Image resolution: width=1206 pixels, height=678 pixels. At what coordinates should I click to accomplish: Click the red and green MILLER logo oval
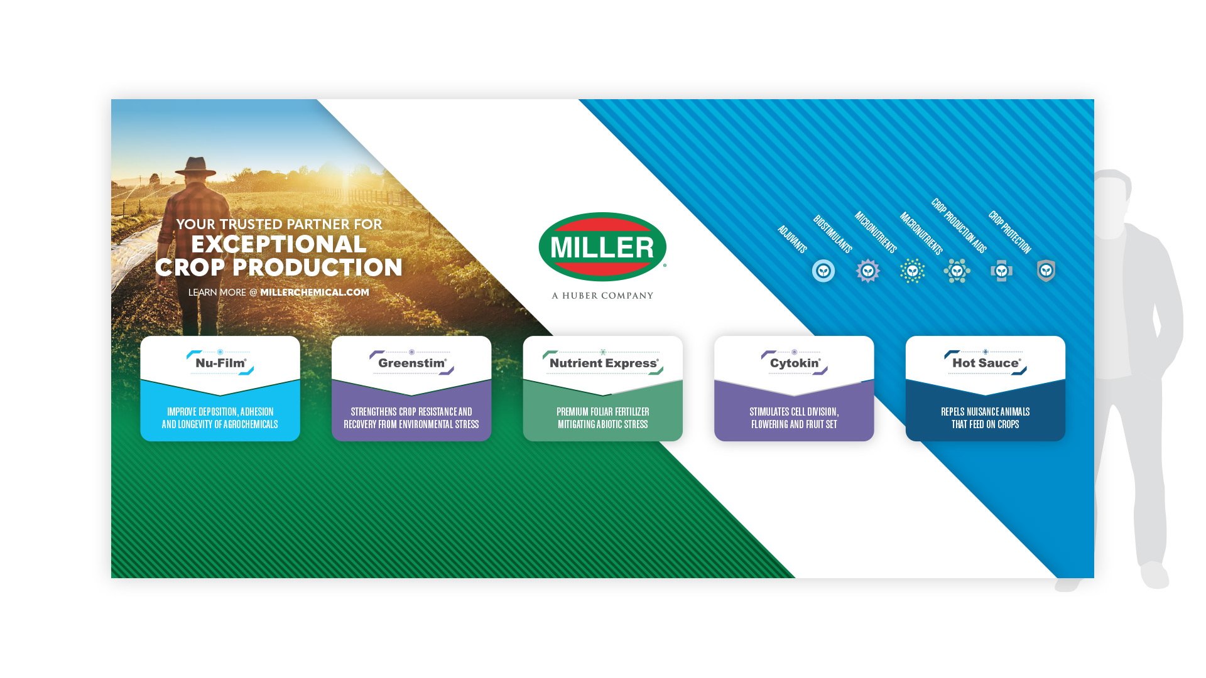click(602, 247)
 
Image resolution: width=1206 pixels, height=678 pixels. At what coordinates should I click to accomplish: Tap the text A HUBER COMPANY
click(602, 296)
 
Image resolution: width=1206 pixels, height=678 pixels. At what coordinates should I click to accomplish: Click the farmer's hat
click(196, 166)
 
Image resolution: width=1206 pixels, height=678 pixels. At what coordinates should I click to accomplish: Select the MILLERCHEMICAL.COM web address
click(315, 293)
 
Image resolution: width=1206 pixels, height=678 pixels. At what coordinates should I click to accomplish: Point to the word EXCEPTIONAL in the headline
click(279, 244)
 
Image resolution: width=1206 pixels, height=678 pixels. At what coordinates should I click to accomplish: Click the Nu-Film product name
click(220, 363)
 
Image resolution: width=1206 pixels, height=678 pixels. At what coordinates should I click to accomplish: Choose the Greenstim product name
click(412, 363)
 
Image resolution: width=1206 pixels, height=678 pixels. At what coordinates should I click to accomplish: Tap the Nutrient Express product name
click(604, 363)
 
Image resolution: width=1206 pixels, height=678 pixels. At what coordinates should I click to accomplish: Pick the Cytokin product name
click(795, 363)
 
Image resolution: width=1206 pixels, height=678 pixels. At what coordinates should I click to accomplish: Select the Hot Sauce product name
click(986, 363)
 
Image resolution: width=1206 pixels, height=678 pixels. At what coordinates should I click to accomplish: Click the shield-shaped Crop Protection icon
click(1046, 271)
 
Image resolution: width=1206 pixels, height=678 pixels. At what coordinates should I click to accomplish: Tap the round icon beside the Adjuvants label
click(823, 271)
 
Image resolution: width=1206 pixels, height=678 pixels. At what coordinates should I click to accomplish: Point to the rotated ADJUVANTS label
click(792, 239)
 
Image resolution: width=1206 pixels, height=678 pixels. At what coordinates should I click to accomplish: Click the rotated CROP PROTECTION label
click(1009, 232)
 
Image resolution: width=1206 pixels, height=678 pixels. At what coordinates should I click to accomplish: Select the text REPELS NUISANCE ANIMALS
click(985, 412)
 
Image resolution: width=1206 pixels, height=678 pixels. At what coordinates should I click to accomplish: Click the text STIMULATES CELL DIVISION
click(794, 412)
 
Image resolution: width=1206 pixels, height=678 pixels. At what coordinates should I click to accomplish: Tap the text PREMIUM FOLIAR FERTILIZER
click(603, 412)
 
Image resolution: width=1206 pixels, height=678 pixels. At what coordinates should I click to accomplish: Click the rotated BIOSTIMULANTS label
click(832, 234)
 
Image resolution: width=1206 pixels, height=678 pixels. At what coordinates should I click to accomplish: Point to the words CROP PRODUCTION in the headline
click(279, 267)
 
